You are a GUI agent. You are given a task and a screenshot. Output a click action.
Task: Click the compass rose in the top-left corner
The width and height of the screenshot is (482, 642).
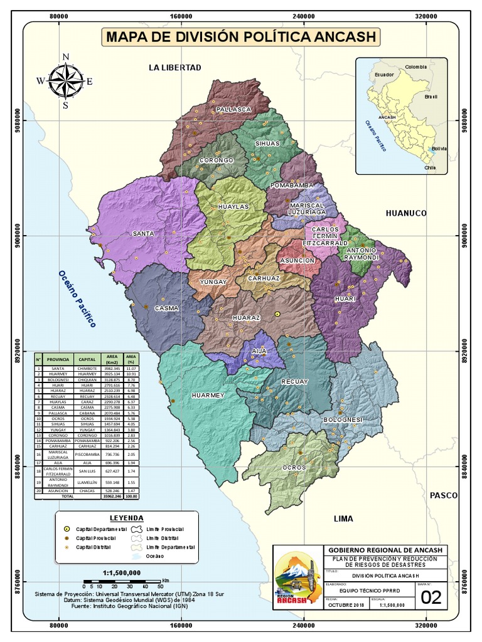click(65, 80)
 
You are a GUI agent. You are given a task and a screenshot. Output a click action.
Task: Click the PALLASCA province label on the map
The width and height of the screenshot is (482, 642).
click(233, 109)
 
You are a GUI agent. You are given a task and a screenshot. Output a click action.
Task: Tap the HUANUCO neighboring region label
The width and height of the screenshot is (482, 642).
click(406, 213)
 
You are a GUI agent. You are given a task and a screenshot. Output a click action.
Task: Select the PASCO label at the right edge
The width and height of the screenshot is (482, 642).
click(444, 495)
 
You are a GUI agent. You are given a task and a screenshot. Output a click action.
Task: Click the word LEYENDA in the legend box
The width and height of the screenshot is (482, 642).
click(127, 518)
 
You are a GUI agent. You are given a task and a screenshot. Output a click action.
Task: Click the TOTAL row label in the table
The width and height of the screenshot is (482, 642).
click(67, 495)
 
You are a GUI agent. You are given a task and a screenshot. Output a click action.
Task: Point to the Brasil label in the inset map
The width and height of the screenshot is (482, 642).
click(431, 97)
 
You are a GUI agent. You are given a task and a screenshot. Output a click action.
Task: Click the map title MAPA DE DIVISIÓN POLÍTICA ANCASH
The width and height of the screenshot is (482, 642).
click(242, 37)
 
